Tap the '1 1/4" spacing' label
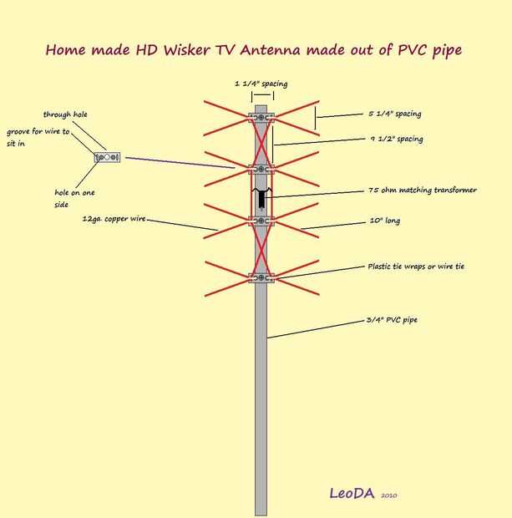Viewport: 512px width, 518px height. tap(261, 84)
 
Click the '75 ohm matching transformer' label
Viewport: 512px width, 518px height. tap(423, 190)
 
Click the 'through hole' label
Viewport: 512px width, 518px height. tap(65, 114)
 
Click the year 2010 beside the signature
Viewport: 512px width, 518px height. tap(388, 495)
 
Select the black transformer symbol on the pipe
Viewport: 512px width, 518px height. tap(261, 198)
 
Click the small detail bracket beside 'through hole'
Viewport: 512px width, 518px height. tap(108, 157)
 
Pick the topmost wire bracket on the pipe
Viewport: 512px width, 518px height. tap(261, 117)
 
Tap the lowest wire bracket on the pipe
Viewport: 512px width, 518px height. tap(261, 277)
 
